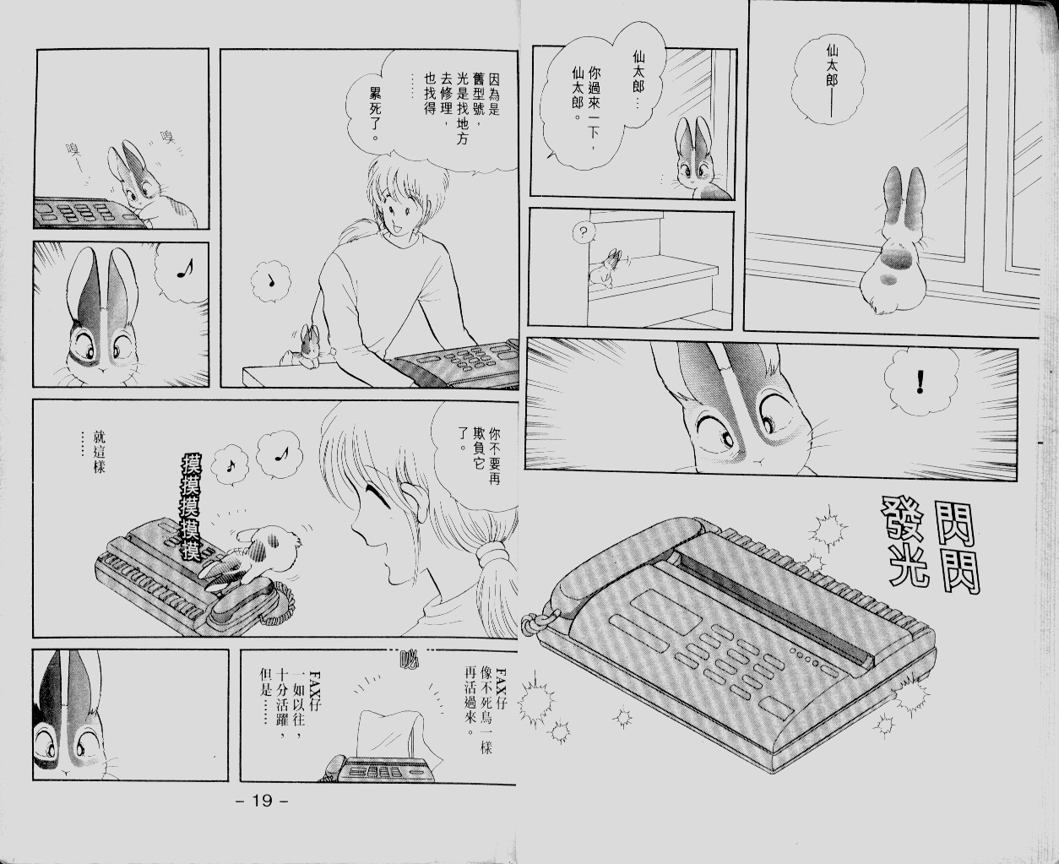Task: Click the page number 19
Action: coord(262,800)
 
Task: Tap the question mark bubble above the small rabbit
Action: coord(583,232)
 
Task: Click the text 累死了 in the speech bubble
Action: coord(373,113)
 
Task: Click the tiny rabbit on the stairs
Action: coord(607,269)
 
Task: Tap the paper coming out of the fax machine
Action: coord(386,734)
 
